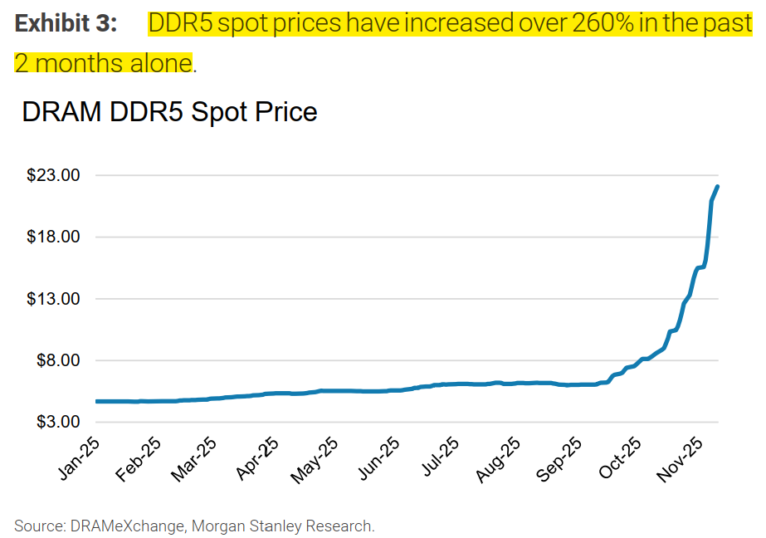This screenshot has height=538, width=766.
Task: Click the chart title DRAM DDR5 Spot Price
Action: pyautogui.click(x=169, y=111)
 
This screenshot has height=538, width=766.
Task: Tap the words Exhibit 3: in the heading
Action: pyautogui.click(x=66, y=23)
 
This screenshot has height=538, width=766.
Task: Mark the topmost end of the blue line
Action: pyautogui.click(x=717, y=187)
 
